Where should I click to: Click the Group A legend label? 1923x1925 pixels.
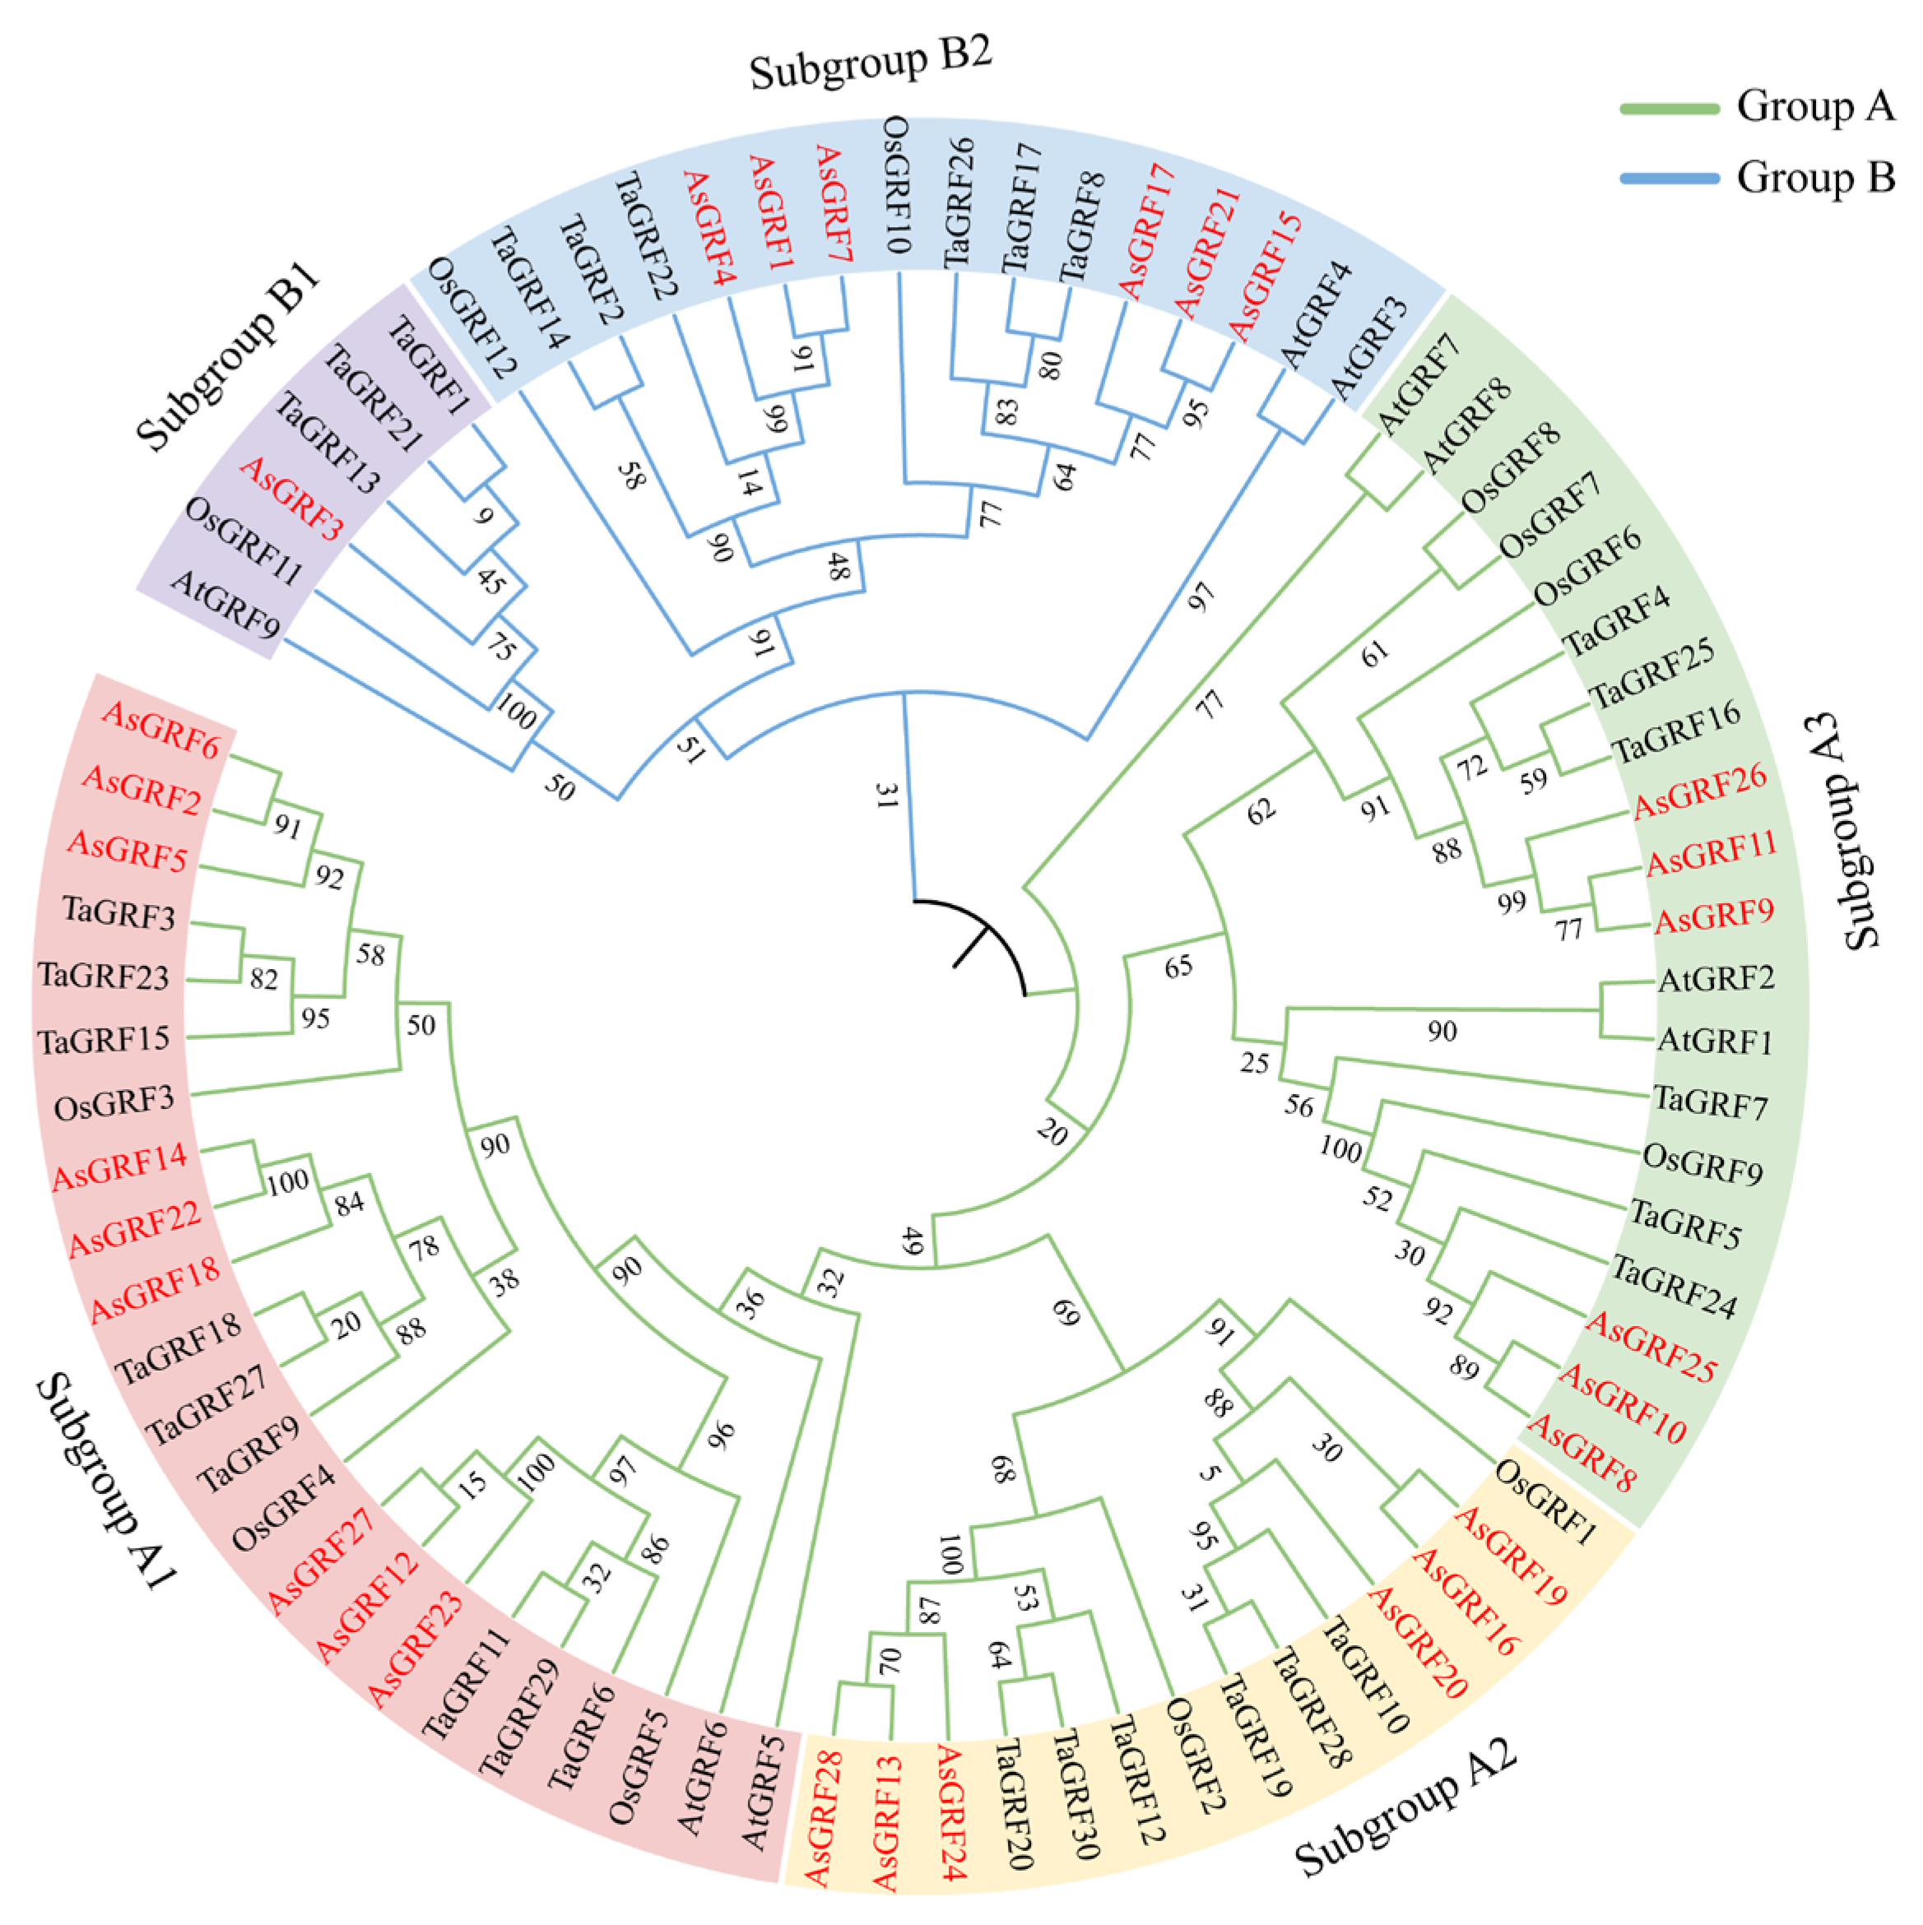pos(1814,105)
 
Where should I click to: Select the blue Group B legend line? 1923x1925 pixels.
pos(1669,179)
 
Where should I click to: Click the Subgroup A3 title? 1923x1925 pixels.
pos(1842,832)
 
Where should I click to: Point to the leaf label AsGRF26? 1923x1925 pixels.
pos(1700,790)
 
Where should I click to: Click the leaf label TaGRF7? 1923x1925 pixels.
pos(1710,1103)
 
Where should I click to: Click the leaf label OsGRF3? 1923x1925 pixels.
pos(114,1103)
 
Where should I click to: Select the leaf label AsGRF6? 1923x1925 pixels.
pos(160,731)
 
